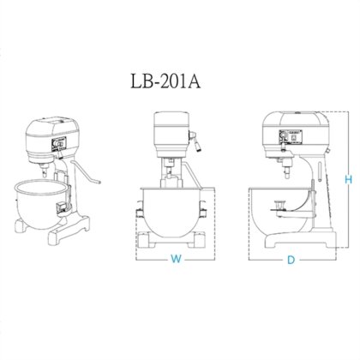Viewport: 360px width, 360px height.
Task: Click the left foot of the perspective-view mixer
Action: click(x=21, y=225)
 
